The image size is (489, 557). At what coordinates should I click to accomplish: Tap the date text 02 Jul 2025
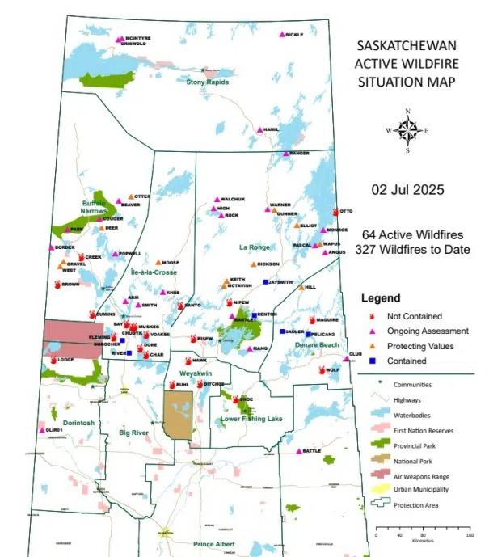pos(407,191)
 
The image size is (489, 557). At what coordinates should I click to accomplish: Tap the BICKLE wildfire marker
pos(282,35)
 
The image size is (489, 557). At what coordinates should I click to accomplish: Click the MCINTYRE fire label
pos(140,37)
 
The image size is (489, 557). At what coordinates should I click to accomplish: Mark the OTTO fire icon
pos(335,211)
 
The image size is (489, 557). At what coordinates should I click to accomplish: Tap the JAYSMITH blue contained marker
pos(266,282)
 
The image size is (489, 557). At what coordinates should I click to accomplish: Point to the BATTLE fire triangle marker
pos(299,451)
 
